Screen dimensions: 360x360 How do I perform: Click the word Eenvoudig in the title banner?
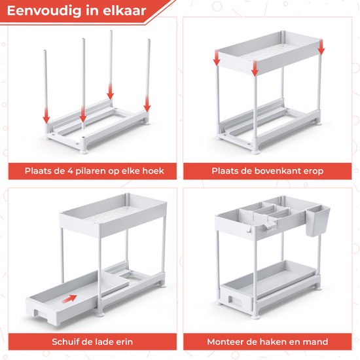pos(45,10)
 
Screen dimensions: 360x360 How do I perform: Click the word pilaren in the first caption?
pos(91,171)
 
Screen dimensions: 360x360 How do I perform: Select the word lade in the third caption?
pos(105,342)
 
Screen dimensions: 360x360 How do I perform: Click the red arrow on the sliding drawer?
pos(69,298)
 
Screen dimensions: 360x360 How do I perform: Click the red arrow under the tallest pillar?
pos(111,92)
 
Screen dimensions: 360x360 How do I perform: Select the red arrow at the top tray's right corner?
pos(321,47)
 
